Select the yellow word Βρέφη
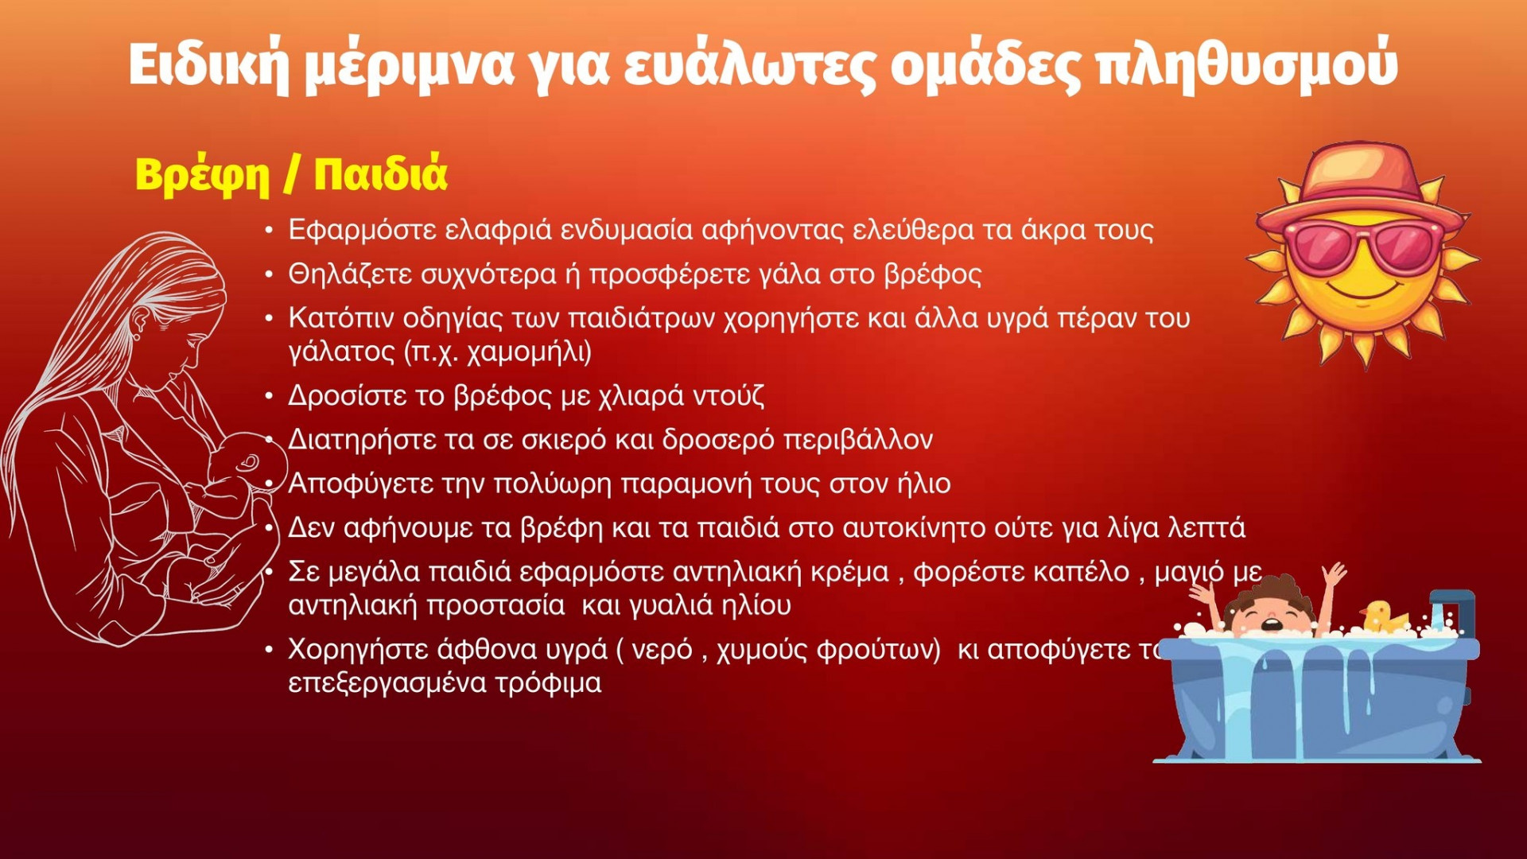[x=202, y=175]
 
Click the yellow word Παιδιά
[x=381, y=173]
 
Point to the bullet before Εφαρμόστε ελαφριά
[x=270, y=231]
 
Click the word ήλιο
[x=923, y=484]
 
